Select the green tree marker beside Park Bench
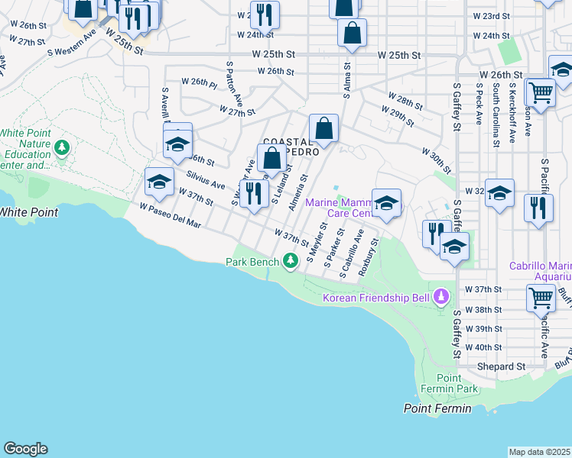point(290,262)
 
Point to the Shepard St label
point(501,366)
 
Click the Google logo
point(25,449)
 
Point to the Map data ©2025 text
point(539,452)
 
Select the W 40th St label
point(483,347)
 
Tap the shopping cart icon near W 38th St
point(541,297)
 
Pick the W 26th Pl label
point(200,81)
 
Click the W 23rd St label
point(491,15)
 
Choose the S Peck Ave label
point(478,108)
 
